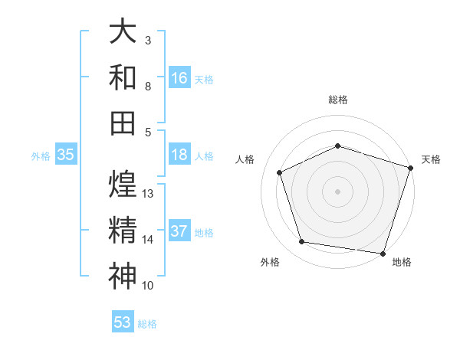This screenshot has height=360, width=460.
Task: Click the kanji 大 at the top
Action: tap(123, 31)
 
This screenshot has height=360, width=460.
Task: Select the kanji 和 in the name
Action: tap(123, 77)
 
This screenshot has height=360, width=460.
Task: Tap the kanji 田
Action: tap(123, 123)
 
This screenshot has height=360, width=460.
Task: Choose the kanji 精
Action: tap(123, 230)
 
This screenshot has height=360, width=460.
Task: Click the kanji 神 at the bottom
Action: tap(123, 276)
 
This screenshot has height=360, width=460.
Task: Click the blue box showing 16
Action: tap(179, 77)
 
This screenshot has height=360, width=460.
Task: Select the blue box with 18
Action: tap(179, 155)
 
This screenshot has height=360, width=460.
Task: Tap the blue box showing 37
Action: tap(179, 231)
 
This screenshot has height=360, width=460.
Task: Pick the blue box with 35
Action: tap(66, 155)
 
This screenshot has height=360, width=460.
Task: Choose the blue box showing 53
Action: tap(123, 322)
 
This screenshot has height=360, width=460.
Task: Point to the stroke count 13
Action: tap(148, 194)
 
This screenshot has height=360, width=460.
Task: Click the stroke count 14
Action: tap(148, 240)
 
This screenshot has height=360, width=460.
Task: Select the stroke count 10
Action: tap(148, 286)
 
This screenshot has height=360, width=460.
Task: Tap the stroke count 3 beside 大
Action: tap(148, 40)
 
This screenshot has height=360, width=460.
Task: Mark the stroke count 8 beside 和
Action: tap(148, 86)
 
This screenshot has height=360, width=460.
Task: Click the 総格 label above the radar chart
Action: tap(338, 100)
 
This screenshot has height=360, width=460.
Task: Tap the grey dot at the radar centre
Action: tap(338, 191)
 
